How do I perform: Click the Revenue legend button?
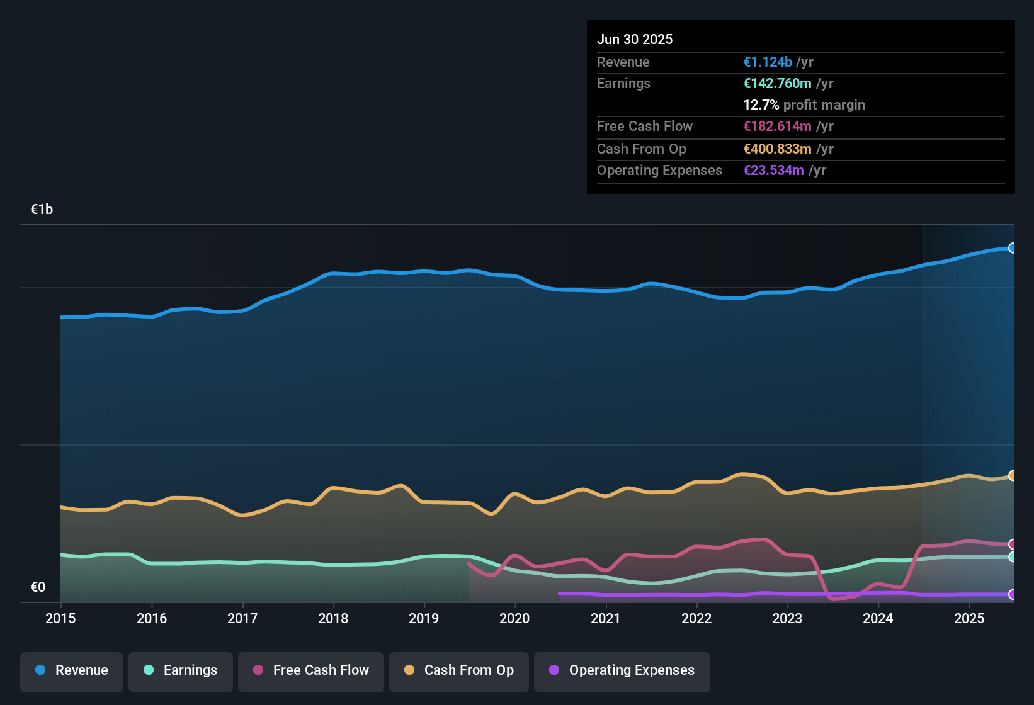(72, 670)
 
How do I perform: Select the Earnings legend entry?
(180, 670)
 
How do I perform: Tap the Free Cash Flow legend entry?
(311, 670)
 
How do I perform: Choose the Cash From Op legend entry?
(459, 670)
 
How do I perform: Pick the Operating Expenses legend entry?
(622, 670)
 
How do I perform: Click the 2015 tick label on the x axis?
(60, 618)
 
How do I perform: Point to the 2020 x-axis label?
(514, 618)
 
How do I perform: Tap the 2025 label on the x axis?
(969, 618)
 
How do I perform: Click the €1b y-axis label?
(42, 210)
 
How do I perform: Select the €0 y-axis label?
(38, 587)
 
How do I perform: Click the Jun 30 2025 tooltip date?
(635, 39)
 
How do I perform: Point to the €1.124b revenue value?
(768, 62)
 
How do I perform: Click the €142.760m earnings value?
(777, 83)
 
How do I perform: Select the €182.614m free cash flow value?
(777, 126)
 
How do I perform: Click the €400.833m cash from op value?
(777, 149)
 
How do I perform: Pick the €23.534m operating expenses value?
(773, 170)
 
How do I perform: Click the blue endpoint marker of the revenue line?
(1012, 248)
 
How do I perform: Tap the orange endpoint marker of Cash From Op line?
(1012, 476)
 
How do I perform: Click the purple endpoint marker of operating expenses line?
(1012, 594)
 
